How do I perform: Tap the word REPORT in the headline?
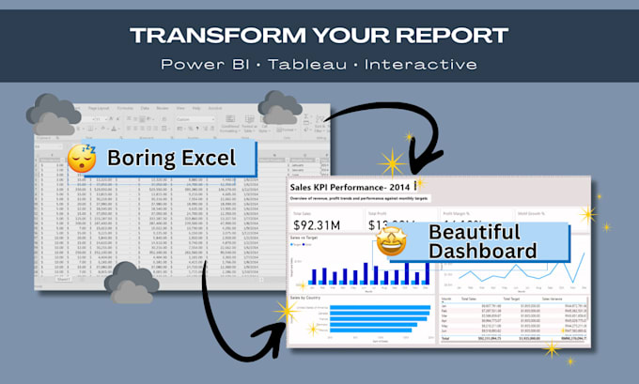(454, 35)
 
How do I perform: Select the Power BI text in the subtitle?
(201, 64)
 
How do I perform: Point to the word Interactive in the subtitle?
(422, 64)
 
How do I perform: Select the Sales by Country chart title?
(312, 297)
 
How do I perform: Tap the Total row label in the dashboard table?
(446, 337)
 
